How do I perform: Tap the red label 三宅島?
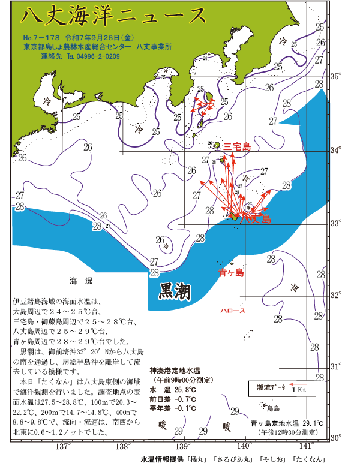(x=237, y=147)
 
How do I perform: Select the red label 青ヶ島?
(x=231, y=273)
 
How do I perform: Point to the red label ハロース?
(x=232, y=312)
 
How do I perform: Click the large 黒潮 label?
(x=175, y=292)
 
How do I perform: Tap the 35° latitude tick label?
(x=337, y=76)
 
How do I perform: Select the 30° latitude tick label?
(x=337, y=438)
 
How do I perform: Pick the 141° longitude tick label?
(x=307, y=447)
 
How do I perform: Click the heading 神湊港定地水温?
(x=179, y=370)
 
